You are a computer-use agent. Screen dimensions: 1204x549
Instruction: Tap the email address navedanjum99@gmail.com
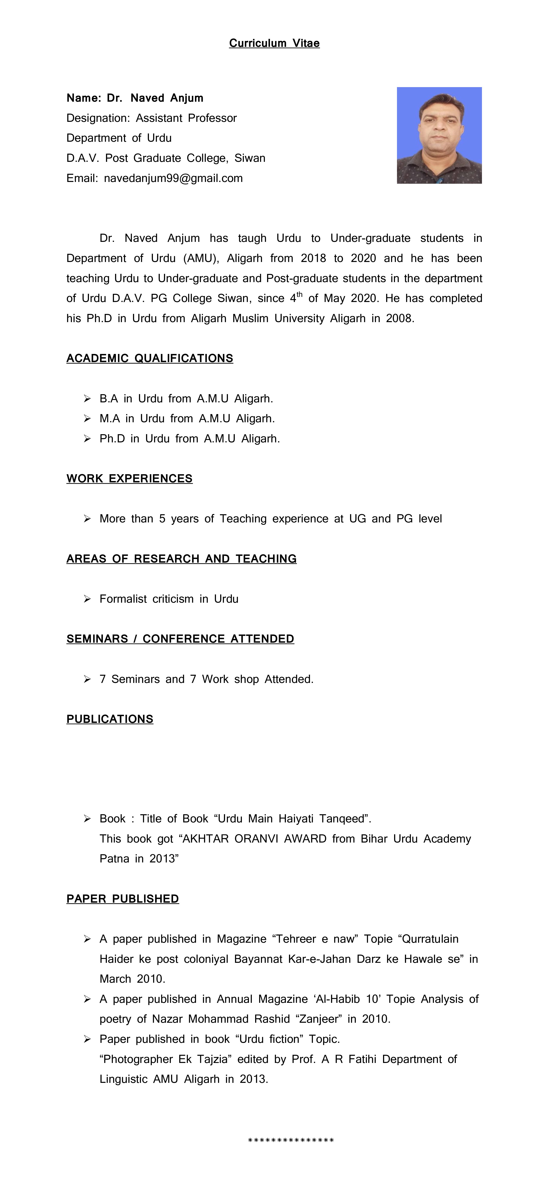pos(173,178)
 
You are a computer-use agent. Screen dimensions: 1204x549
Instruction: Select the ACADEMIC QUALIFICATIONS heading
pos(150,359)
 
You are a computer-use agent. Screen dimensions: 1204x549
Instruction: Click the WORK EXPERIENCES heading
pos(129,479)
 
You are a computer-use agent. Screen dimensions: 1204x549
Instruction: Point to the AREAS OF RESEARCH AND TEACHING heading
pos(181,559)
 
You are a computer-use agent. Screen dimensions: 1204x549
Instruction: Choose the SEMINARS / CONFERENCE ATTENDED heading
pos(180,639)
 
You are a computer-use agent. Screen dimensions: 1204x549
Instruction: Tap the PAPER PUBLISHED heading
pos(123,899)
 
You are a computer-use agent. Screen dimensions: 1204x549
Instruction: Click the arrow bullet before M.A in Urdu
pos(87,419)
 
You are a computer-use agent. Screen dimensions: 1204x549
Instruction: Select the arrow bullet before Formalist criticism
pos(87,599)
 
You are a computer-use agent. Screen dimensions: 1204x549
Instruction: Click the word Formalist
pos(123,599)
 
